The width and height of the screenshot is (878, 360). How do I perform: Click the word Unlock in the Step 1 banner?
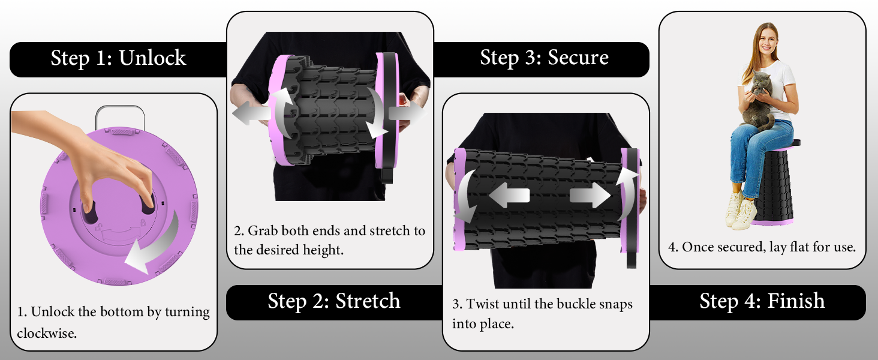[x=152, y=58]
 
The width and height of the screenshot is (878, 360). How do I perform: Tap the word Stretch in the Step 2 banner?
[x=368, y=301]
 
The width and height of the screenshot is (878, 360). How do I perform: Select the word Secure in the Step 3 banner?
[x=578, y=57]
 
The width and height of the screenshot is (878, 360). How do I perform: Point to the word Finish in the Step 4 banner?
[x=796, y=301]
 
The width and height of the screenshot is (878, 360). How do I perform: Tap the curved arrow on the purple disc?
[x=155, y=245]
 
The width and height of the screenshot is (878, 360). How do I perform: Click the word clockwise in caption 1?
[x=47, y=334]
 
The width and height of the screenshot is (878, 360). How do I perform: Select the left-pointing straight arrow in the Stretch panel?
[x=251, y=113]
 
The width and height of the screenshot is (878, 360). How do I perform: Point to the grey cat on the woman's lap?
[x=759, y=100]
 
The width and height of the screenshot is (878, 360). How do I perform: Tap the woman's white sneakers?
[x=741, y=210]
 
